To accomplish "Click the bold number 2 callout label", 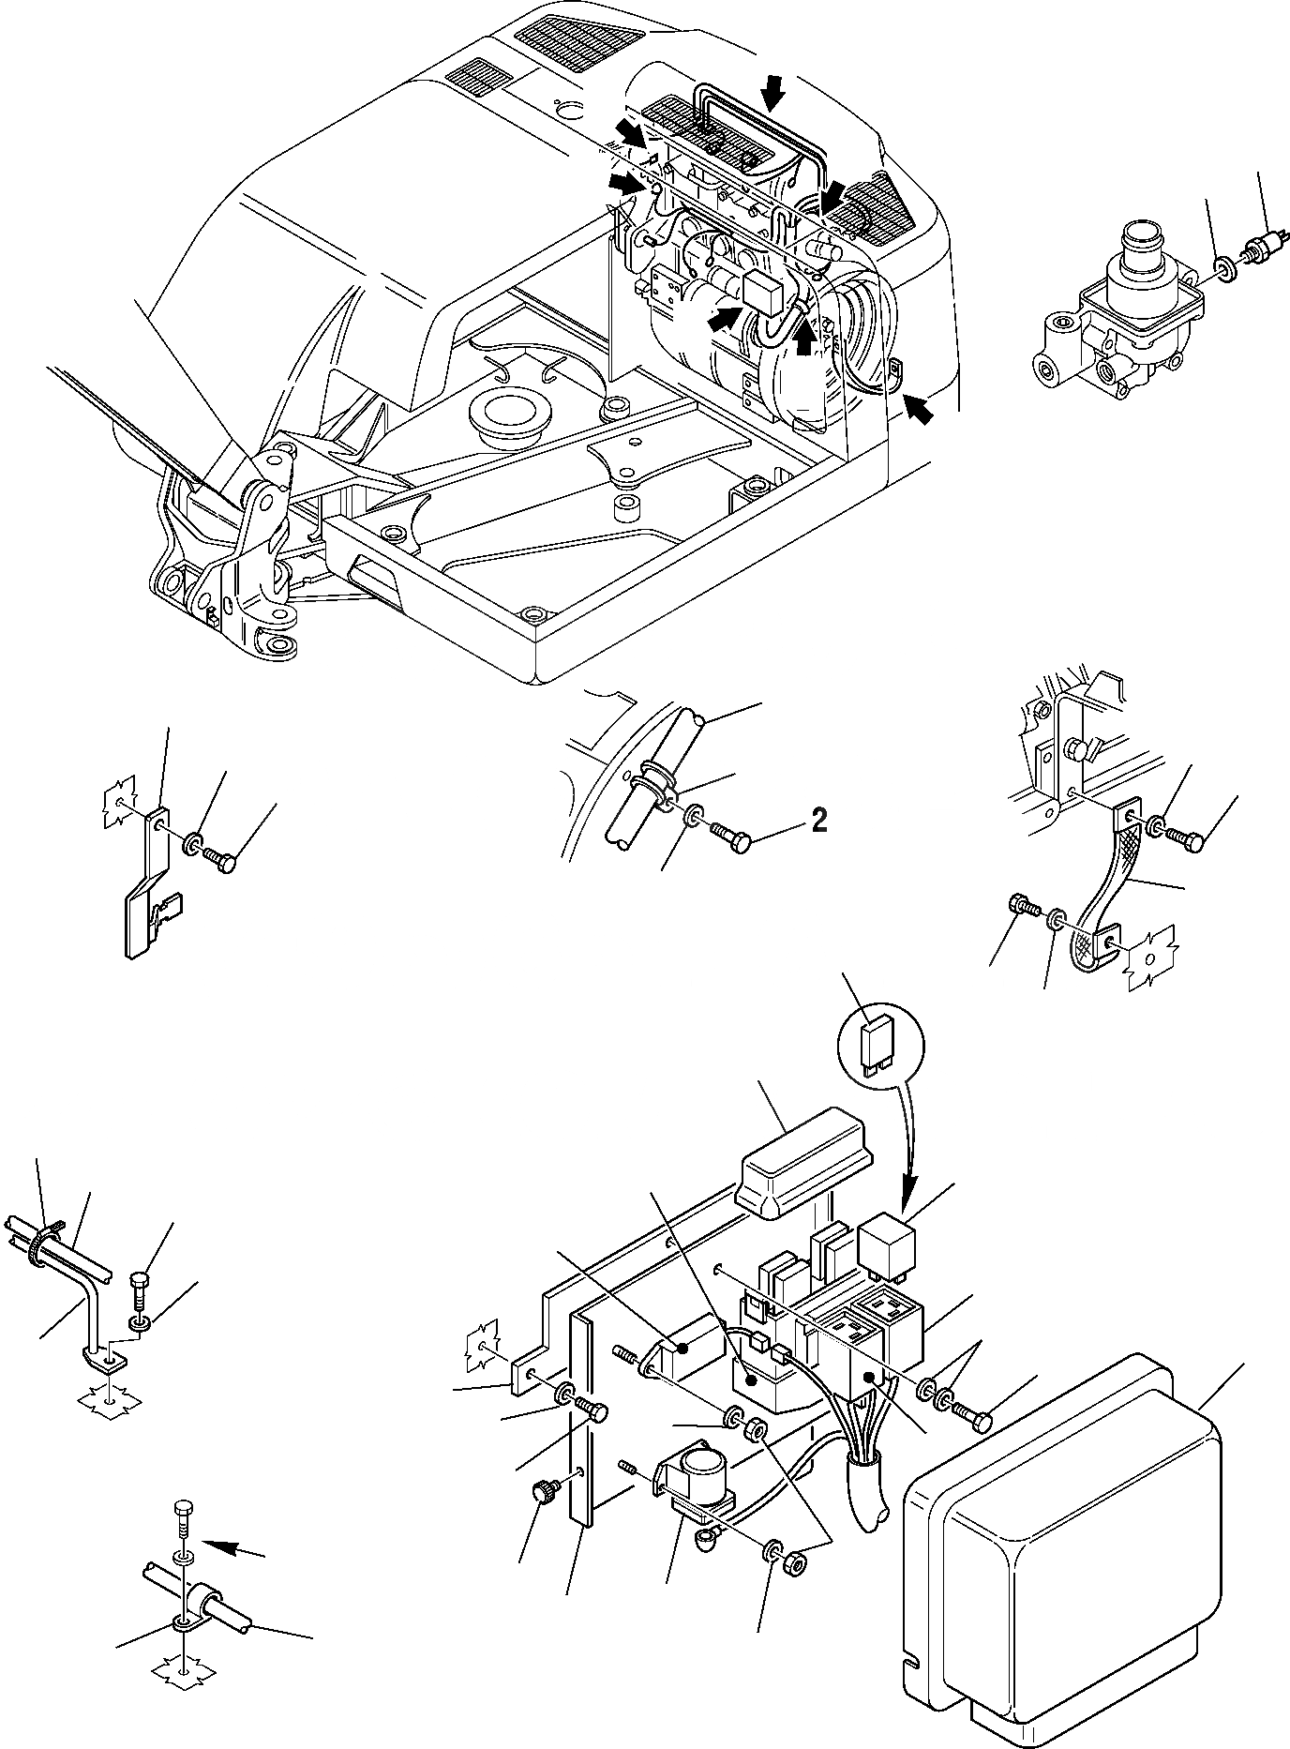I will (818, 821).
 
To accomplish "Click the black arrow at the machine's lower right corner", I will (919, 409).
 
